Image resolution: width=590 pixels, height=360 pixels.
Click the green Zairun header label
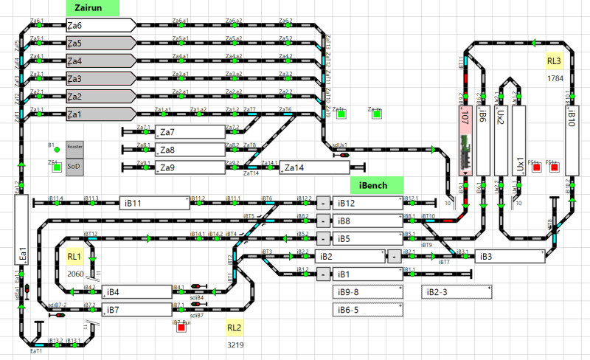tap(92, 8)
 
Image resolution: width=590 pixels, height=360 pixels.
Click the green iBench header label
tap(376, 185)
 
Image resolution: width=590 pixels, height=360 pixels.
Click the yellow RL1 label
tap(74, 257)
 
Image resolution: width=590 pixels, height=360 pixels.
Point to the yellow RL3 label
tap(555, 61)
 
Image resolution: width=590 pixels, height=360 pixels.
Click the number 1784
tap(555, 77)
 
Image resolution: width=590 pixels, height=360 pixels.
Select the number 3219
tap(235, 345)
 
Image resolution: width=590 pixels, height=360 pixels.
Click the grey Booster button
tap(75, 148)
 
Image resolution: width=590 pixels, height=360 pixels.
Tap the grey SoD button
tap(75, 167)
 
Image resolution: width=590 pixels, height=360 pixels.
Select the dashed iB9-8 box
tap(369, 292)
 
